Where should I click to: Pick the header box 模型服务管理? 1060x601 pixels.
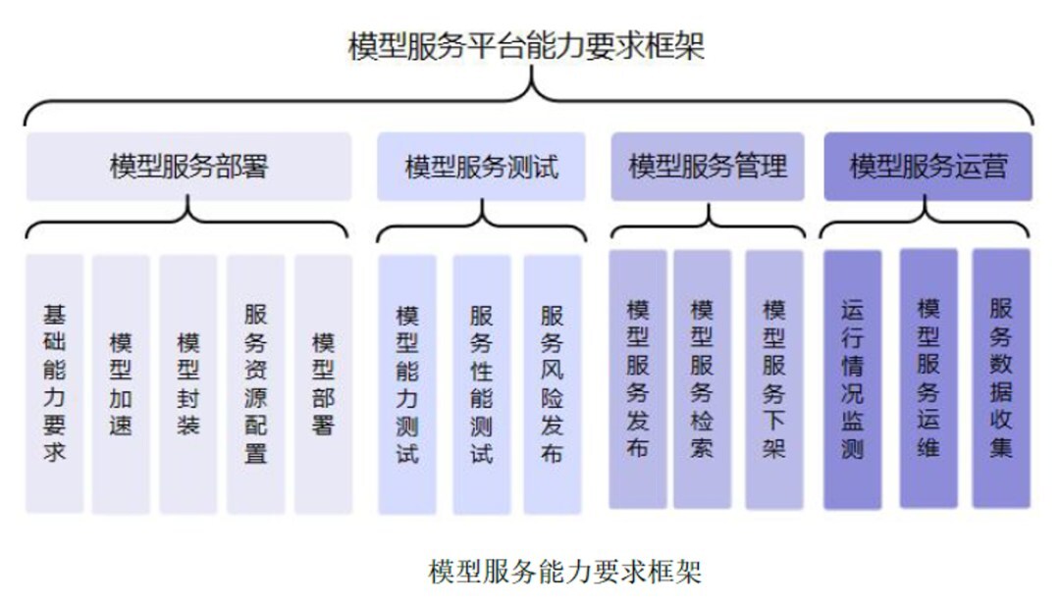(707, 165)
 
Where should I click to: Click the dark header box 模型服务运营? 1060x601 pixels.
(927, 165)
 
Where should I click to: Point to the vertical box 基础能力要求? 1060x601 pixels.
(55, 383)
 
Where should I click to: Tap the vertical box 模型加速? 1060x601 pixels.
(121, 383)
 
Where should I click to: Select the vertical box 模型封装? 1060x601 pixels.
(188, 383)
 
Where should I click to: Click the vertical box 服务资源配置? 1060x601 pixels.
(256, 383)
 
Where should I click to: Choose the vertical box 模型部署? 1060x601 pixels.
(324, 383)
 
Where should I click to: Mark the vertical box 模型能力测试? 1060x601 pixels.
(407, 383)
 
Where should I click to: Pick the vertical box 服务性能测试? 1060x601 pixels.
(481, 383)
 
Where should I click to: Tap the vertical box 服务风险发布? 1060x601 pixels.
(553, 383)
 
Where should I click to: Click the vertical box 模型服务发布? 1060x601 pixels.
(638, 378)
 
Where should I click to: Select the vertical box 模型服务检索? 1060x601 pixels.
(702, 378)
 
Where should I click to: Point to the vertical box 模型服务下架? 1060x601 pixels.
(774, 378)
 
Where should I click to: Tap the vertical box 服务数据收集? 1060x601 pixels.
(1001, 377)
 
